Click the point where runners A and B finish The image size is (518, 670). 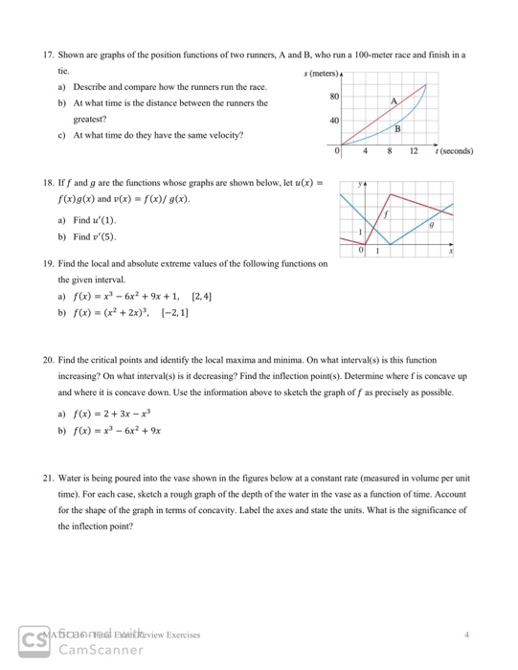tap(427, 82)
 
